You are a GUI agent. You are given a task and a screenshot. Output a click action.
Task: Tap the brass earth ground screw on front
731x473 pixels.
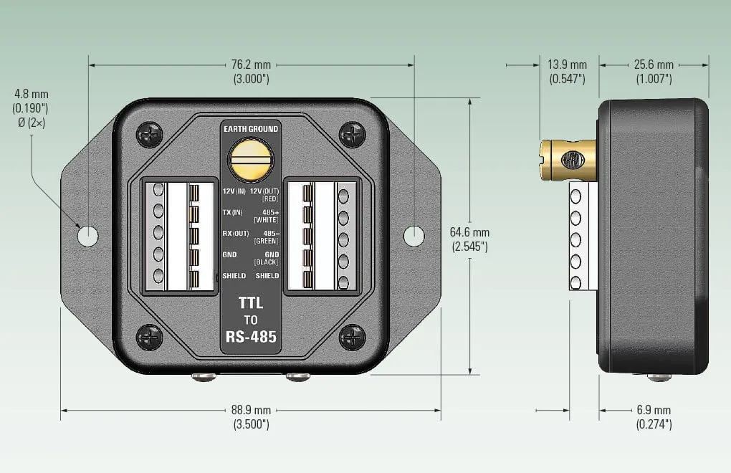251,160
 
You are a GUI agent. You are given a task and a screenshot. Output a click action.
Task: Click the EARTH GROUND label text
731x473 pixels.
251,129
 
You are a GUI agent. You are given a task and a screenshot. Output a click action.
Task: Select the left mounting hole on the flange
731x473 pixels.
87,235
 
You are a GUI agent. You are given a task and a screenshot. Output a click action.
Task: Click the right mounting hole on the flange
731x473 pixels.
414,235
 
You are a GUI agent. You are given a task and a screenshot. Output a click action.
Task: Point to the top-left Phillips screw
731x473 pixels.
150,134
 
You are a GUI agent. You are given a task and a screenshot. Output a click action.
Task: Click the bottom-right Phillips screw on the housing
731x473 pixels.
352,337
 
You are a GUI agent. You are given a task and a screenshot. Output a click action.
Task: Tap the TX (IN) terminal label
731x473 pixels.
233,213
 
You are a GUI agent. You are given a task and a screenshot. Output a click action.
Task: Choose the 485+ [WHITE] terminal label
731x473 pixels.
267,216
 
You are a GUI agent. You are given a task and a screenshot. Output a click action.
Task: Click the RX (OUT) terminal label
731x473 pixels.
236,234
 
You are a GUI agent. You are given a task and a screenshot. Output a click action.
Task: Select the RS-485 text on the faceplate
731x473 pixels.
251,337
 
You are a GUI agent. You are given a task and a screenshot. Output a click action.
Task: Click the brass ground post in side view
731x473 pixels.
568,160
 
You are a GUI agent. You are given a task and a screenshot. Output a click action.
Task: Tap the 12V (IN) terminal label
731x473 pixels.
234,191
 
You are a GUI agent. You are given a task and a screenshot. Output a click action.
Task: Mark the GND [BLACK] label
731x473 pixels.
267,258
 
